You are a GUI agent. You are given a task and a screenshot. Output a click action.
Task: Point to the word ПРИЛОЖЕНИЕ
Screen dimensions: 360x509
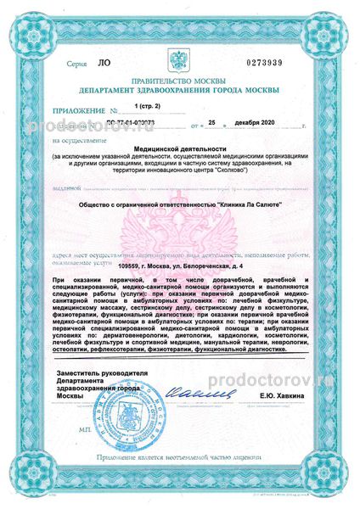(x=75, y=110)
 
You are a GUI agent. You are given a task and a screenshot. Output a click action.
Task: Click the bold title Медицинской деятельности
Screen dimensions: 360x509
(x=179, y=147)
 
